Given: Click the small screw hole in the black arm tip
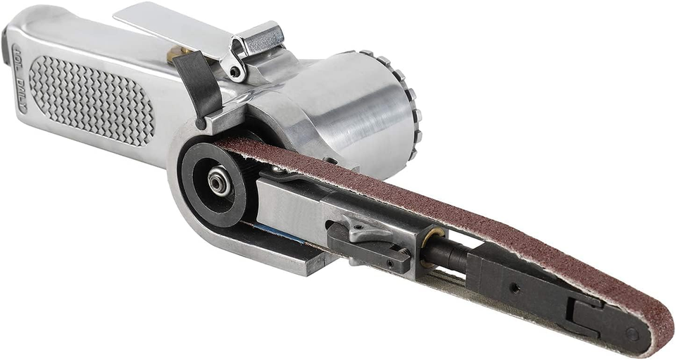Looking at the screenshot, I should (514, 287).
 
